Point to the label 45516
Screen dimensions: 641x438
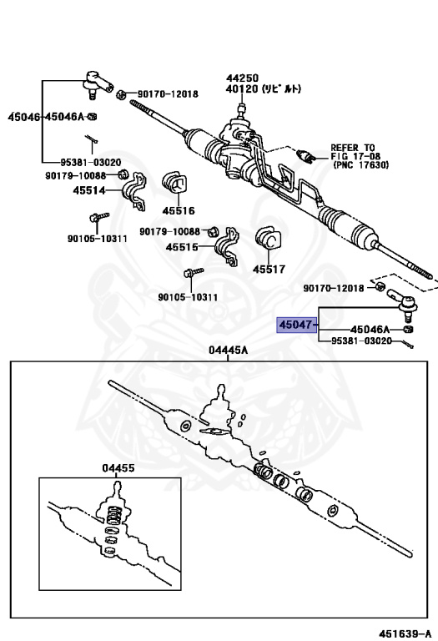click(179, 210)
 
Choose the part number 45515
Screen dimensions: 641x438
click(183, 247)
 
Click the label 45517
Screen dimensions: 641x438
click(269, 269)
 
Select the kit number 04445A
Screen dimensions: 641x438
click(229, 351)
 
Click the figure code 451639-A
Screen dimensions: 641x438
click(406, 633)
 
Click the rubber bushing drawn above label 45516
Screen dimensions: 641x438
click(177, 186)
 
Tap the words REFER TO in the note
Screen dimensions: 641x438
click(353, 146)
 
